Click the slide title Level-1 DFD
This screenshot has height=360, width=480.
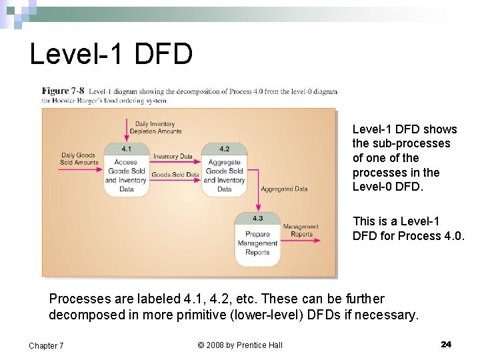tap(111, 53)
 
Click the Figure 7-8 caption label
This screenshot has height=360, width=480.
tap(64, 91)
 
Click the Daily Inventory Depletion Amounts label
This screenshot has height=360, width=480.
tap(155, 127)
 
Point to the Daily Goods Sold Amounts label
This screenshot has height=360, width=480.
tap(79, 159)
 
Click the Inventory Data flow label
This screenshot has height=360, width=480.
tap(173, 156)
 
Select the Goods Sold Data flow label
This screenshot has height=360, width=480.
tap(175, 175)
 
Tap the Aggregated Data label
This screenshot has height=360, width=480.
tap(284, 189)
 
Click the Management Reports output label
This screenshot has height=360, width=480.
tap(301, 231)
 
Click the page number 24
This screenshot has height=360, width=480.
tap(446, 344)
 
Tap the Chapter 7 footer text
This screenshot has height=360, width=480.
tap(46, 345)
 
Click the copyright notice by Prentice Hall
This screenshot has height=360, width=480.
tap(240, 345)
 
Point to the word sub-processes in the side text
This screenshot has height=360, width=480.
tap(411, 143)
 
